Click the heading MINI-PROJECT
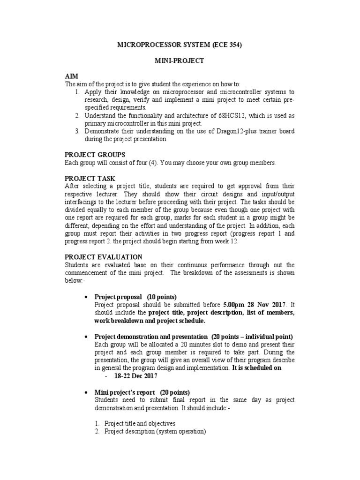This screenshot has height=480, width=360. pyautogui.click(x=180, y=61)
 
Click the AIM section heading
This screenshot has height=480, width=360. pyautogui.click(x=72, y=76)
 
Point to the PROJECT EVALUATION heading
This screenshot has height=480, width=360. pyautogui.click(x=104, y=256)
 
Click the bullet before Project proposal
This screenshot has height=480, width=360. pyautogui.click(x=86, y=297)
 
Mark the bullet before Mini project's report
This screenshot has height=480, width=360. pyautogui.click(x=86, y=392)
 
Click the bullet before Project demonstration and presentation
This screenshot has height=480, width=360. pyautogui.click(x=86, y=337)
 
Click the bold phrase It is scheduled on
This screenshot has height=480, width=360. pyautogui.click(x=257, y=368)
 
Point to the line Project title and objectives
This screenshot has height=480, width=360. pyautogui.click(x=140, y=423)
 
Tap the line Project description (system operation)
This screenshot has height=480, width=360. pyautogui.click(x=155, y=431)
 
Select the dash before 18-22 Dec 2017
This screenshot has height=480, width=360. pyautogui.click(x=107, y=376)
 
